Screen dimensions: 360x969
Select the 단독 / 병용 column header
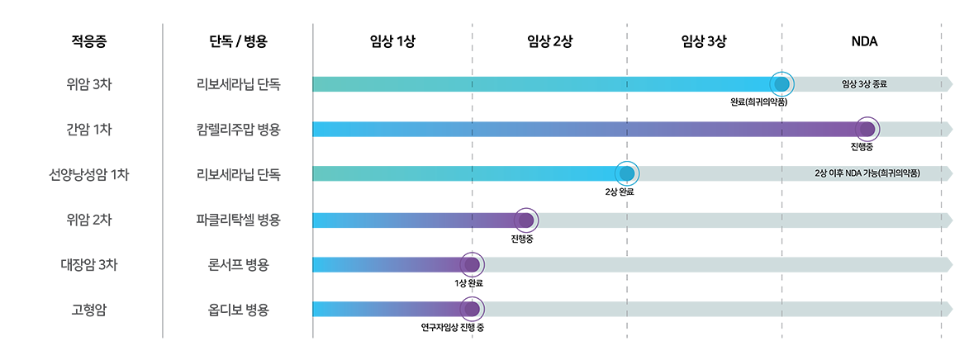(239, 40)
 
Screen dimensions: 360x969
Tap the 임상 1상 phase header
(392, 40)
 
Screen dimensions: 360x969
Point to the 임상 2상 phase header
(549, 40)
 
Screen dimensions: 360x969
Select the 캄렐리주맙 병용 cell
(239, 130)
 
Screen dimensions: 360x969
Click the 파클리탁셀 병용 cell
(239, 220)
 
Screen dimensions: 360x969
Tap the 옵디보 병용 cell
(239, 310)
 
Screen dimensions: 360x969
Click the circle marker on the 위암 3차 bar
(781, 84)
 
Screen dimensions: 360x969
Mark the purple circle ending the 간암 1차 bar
(867, 130)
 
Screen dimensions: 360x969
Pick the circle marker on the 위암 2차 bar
(525, 220)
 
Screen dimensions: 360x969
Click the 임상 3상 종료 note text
(864, 84)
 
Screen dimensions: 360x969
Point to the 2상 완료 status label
(620, 192)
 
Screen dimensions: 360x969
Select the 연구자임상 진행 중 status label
(453, 328)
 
